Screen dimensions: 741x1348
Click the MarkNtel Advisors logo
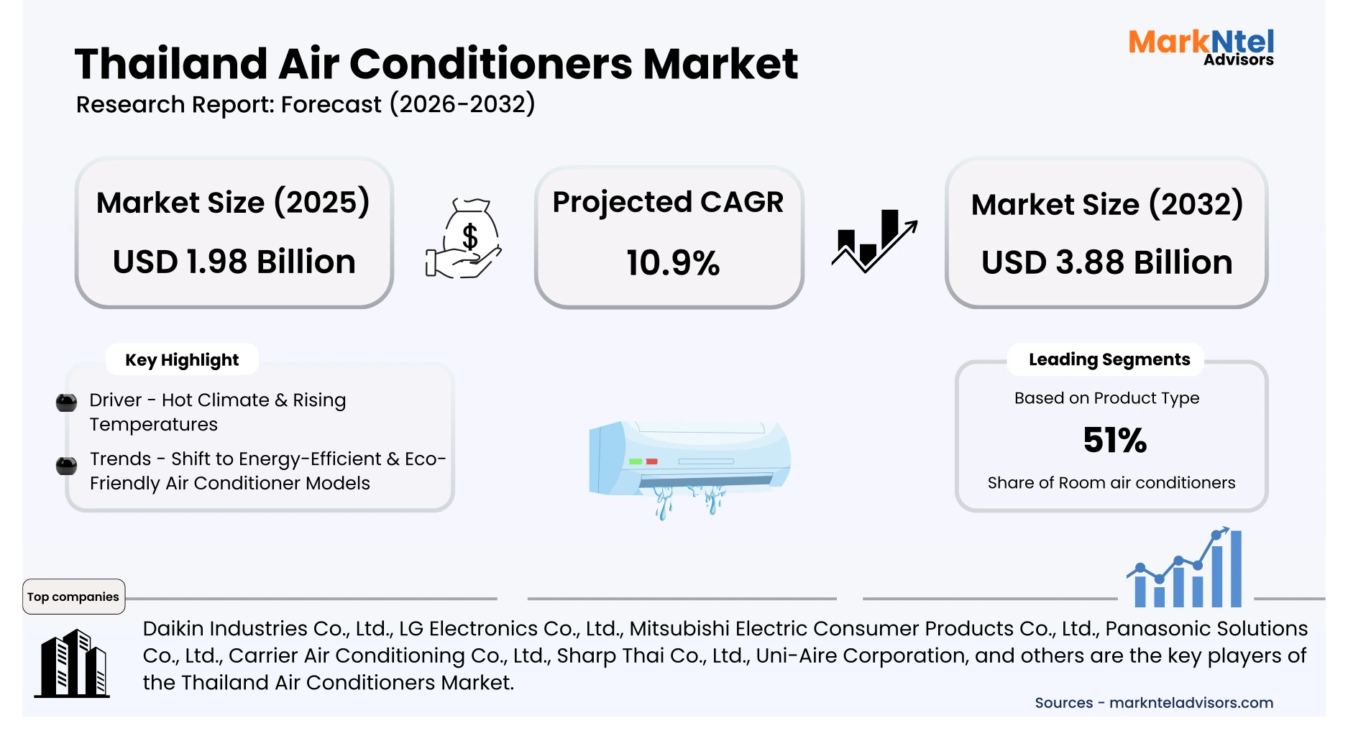click(x=1201, y=47)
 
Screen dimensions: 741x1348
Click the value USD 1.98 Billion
click(x=234, y=262)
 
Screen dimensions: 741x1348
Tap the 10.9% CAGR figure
click(x=672, y=263)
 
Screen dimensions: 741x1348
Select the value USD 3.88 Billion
click(x=1106, y=262)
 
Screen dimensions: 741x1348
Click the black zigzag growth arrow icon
click(x=874, y=241)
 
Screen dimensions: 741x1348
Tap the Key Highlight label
click(x=182, y=360)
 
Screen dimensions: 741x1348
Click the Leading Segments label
click(x=1109, y=359)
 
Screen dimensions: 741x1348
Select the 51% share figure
click(x=1114, y=440)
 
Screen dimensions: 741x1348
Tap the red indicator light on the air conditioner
click(x=651, y=461)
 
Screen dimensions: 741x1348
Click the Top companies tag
click(x=73, y=597)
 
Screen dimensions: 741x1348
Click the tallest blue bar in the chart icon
click(x=1236, y=569)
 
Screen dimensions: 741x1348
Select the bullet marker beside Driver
click(x=67, y=402)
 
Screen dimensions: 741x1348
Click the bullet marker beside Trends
click(x=67, y=466)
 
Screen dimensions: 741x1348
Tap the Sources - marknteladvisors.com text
click(x=1153, y=703)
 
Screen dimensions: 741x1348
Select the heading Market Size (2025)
click(x=233, y=203)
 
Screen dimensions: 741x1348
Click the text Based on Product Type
click(x=1106, y=398)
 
